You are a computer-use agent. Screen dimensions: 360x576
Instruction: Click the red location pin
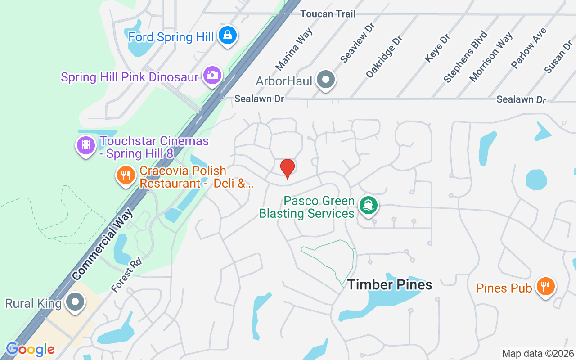(x=288, y=168)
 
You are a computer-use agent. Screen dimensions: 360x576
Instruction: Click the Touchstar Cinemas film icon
(x=85, y=145)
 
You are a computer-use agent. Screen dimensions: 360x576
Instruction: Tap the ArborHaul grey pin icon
(x=325, y=80)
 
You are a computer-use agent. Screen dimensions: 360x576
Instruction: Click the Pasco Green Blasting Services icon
(x=369, y=205)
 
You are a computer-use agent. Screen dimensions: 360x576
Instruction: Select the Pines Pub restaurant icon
(x=545, y=286)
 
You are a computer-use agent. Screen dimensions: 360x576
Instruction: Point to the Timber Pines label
(x=390, y=284)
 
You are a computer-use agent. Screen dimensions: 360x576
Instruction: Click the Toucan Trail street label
(x=328, y=14)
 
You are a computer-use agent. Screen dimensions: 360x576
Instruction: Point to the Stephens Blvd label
(x=465, y=57)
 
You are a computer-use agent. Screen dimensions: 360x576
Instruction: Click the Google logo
(x=30, y=349)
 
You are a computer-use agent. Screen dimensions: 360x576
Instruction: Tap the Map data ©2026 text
(x=538, y=353)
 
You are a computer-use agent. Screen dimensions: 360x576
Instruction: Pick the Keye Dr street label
(x=437, y=48)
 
